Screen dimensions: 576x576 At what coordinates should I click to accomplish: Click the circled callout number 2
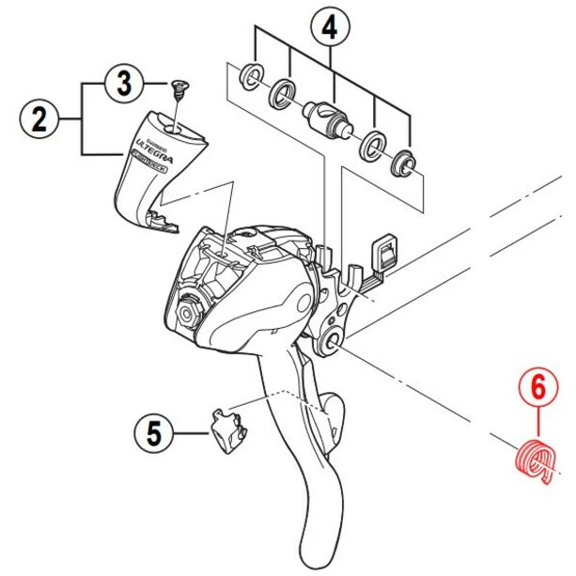39,119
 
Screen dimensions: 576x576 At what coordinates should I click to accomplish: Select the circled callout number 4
329,27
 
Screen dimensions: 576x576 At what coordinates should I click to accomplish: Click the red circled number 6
538,386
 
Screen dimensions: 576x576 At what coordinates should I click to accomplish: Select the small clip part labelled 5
226,431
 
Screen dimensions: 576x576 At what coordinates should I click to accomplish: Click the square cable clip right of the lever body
385,251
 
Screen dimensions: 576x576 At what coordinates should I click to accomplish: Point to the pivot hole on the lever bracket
335,344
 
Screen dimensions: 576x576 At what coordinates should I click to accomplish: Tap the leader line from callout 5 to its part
190,433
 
